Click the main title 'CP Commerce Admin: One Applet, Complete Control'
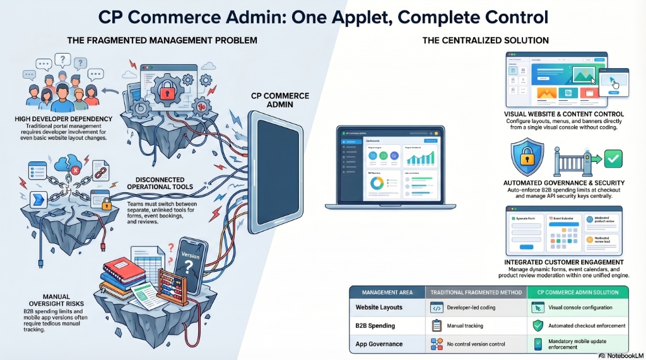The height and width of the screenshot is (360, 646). point(322,15)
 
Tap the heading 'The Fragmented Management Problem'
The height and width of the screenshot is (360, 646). point(162,41)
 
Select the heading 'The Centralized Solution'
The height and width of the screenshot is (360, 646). point(485,41)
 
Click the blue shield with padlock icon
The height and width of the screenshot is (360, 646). point(527,158)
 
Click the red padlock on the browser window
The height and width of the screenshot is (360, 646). point(166,93)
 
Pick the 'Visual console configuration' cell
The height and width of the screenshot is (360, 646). point(580,308)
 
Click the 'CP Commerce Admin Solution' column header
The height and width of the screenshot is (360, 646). point(579,292)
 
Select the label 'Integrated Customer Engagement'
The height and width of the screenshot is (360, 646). point(564,262)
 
